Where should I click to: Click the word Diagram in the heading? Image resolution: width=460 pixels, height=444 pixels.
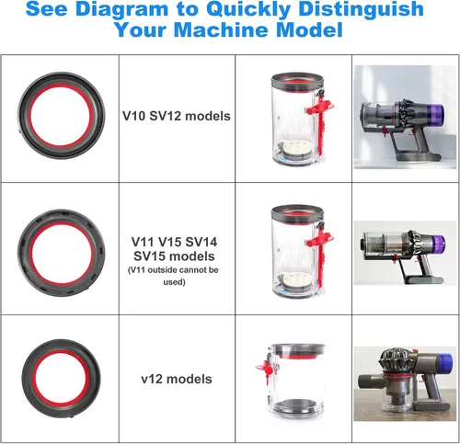(x=121, y=8)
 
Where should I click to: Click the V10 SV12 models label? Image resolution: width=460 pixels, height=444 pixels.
(x=177, y=116)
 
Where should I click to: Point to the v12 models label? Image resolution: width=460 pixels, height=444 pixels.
(x=177, y=379)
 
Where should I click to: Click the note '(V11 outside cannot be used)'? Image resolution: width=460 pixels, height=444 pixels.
(x=174, y=276)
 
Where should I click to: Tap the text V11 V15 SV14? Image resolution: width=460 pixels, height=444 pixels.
(x=174, y=242)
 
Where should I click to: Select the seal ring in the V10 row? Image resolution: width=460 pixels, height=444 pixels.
(x=62, y=116)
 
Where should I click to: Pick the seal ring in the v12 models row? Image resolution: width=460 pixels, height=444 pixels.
(x=62, y=379)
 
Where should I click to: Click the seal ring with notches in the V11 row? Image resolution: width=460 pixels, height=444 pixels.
(x=62, y=253)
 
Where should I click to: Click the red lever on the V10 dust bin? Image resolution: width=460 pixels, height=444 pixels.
(x=320, y=118)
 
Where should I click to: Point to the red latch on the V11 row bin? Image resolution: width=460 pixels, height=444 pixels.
(x=320, y=251)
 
